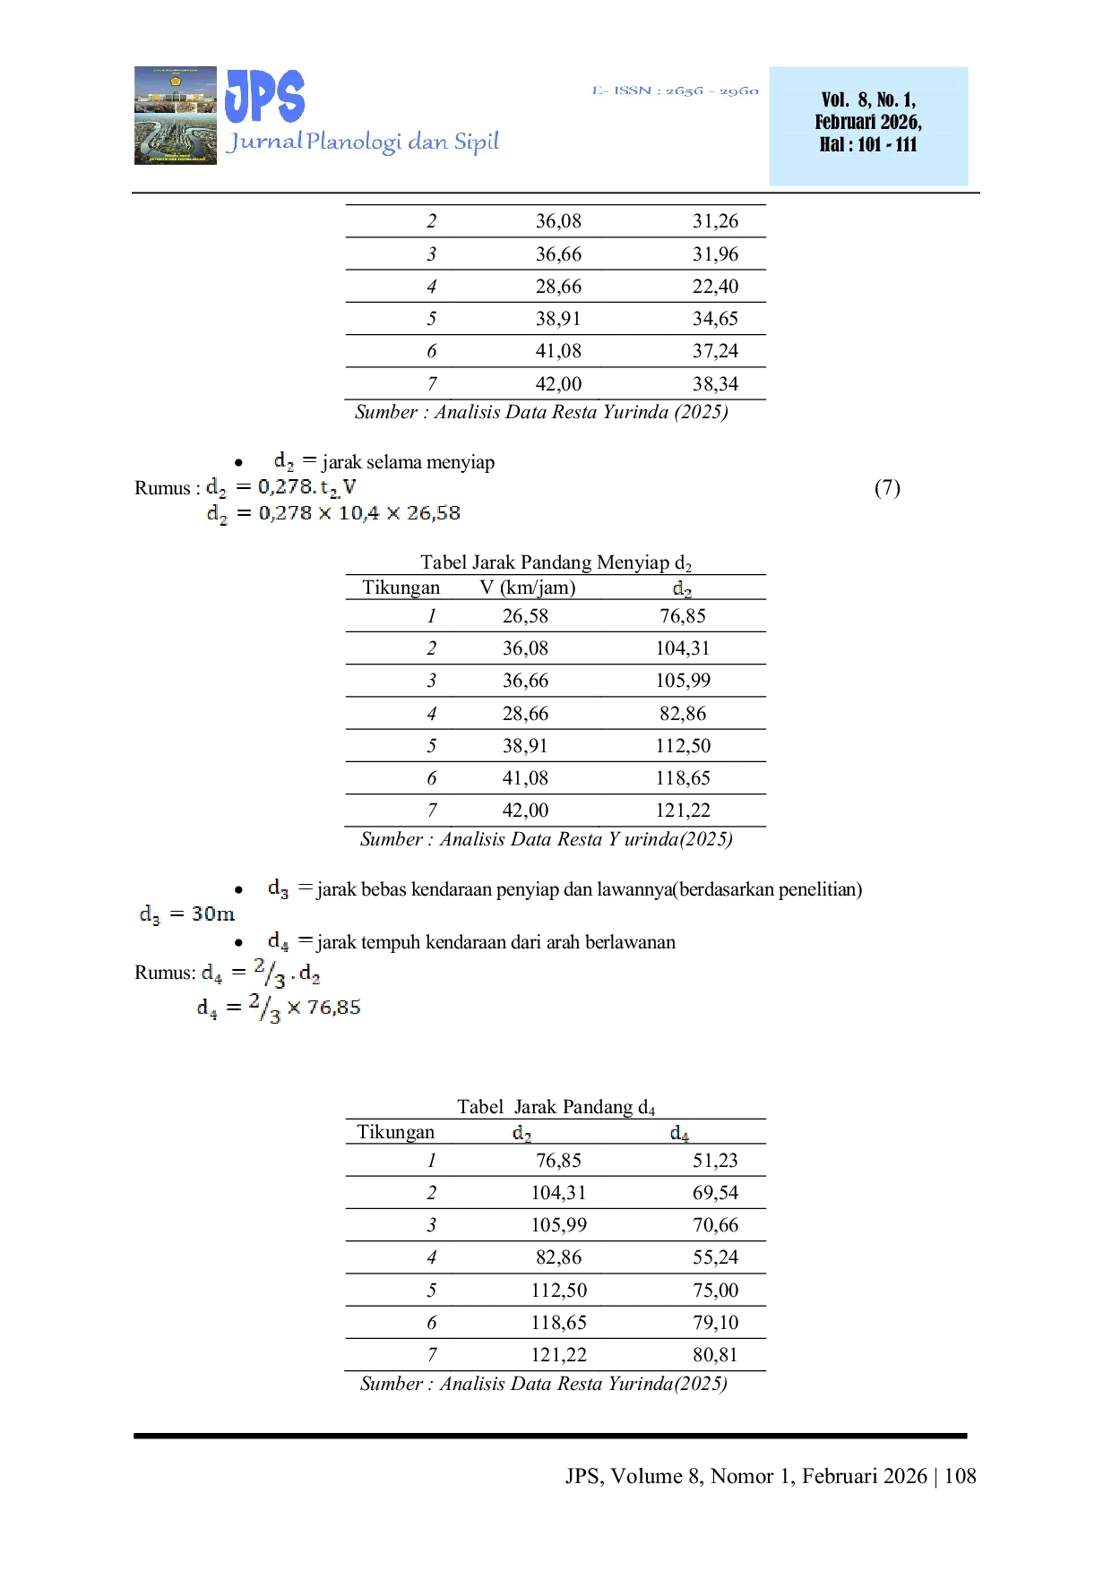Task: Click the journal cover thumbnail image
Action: tap(173, 115)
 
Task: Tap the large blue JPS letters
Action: tap(265, 96)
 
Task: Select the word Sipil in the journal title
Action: tap(476, 142)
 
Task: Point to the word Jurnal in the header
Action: tap(264, 142)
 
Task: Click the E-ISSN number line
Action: tap(675, 90)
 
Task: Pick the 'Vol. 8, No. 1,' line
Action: tap(868, 99)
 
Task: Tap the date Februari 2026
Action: tap(868, 122)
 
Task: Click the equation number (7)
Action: tap(887, 487)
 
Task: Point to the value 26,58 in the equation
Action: tap(434, 513)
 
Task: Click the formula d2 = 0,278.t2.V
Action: tap(281, 487)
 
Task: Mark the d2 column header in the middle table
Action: tap(683, 588)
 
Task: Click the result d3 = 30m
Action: tap(186, 914)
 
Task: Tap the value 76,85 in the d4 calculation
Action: tap(333, 1008)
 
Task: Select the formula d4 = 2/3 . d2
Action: tap(261, 973)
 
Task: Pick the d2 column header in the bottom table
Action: tap(522, 1134)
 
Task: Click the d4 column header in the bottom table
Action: tap(680, 1134)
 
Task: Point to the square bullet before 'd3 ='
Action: tap(237, 888)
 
